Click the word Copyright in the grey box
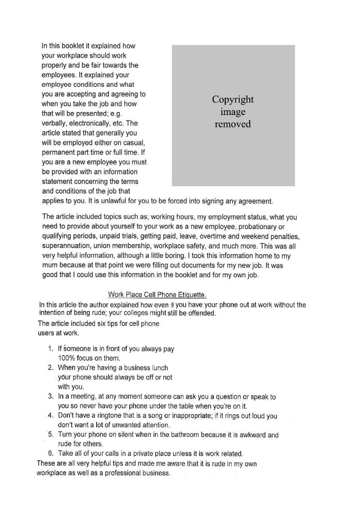point(233,99)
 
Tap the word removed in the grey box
point(233,124)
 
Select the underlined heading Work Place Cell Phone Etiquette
point(157,295)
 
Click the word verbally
point(56,123)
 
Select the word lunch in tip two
point(158,368)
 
